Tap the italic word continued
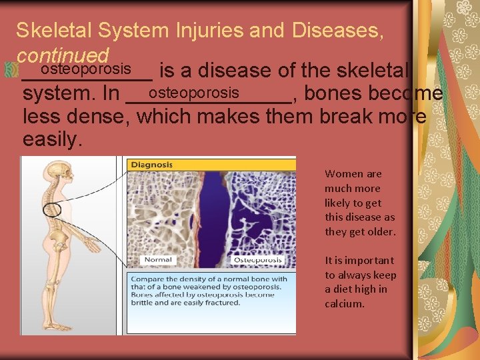coord(63,55)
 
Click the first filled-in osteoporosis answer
coord(85,69)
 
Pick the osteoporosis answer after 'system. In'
coord(194,92)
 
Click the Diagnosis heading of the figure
coord(152,165)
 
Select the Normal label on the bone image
coord(158,259)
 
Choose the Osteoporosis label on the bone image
coord(259,259)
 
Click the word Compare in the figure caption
coord(148,279)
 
